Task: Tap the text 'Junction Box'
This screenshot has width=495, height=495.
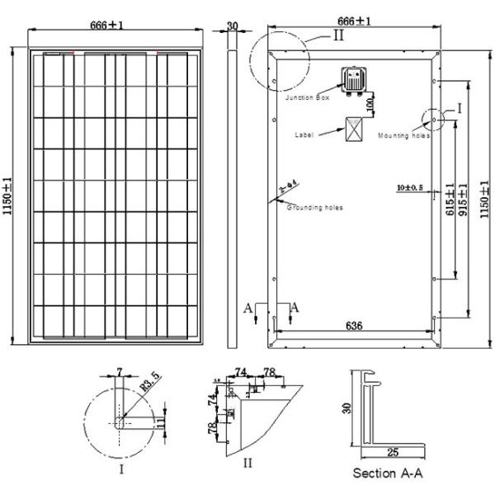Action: tap(307, 98)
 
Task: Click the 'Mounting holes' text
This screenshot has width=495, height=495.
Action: tap(404, 135)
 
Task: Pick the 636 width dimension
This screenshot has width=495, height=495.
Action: tap(353, 326)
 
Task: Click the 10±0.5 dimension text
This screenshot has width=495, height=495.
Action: tap(408, 188)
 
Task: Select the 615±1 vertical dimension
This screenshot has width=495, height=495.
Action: tap(450, 199)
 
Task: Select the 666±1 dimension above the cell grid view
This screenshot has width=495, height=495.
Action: tap(106, 26)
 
